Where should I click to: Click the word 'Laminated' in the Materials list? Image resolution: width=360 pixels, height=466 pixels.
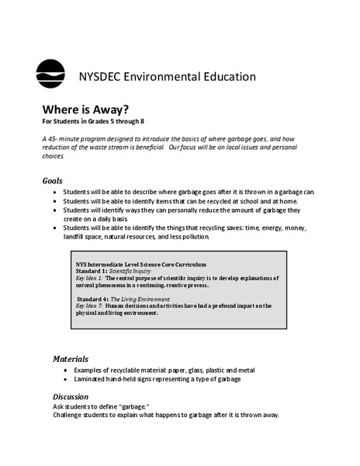click(x=88, y=379)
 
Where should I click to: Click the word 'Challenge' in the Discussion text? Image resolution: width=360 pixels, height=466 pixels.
click(x=59, y=415)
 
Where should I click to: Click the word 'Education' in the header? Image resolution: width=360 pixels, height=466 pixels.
click(x=225, y=76)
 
